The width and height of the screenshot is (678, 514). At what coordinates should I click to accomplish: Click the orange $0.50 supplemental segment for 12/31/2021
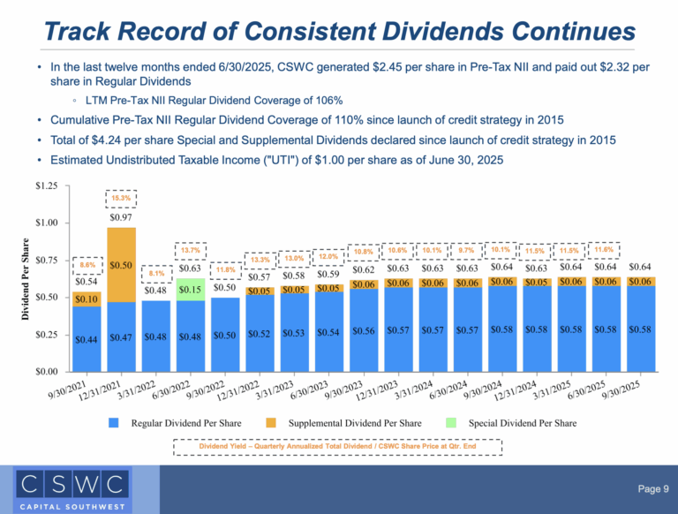click(x=121, y=265)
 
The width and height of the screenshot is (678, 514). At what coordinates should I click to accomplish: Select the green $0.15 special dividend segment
click(x=191, y=289)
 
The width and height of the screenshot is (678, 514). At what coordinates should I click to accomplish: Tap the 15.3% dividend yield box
click(x=121, y=198)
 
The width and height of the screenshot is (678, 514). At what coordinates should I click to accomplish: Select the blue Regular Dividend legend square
click(x=113, y=423)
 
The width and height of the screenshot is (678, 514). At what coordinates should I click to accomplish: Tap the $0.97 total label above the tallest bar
click(x=121, y=217)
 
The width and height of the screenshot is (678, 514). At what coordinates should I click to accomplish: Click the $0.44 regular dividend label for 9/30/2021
click(x=87, y=339)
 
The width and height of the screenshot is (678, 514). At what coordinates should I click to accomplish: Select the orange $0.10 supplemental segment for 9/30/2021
click(x=87, y=300)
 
